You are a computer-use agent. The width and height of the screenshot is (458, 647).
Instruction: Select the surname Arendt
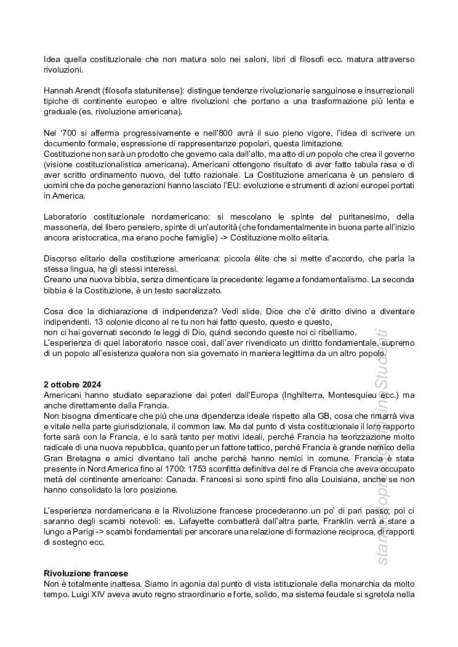click(x=87, y=90)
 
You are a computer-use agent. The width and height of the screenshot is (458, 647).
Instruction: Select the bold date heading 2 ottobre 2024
click(x=73, y=384)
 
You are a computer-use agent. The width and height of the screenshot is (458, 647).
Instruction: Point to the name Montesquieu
click(x=347, y=395)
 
